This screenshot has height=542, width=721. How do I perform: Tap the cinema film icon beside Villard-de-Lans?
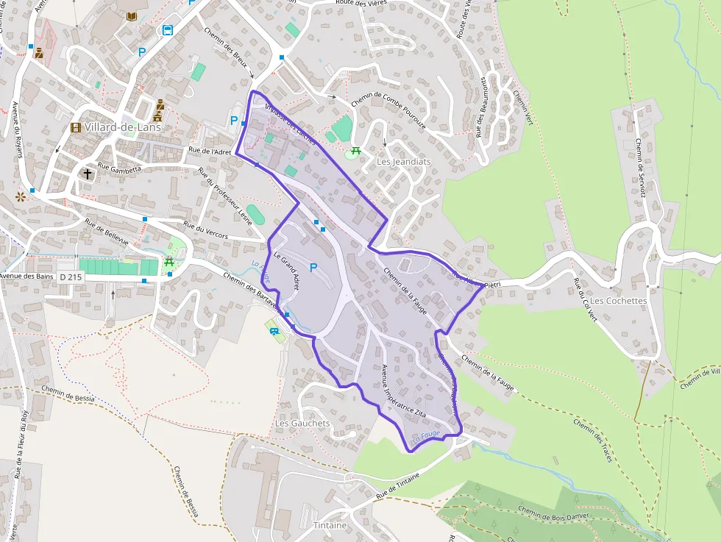tap(76, 127)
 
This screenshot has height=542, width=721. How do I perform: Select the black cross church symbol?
tap(88, 174)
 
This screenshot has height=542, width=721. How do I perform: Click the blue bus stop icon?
tap(168, 30)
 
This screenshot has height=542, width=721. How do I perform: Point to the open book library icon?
tap(132, 16)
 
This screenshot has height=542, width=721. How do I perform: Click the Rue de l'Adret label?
tap(210, 151)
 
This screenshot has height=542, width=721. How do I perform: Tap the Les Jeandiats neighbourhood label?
tap(403, 161)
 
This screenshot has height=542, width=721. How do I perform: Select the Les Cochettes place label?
tap(619, 301)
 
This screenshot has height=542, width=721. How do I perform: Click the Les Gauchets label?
tap(302, 424)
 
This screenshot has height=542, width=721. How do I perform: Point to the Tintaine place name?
tap(330, 525)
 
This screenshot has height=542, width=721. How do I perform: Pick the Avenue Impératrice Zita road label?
tap(400, 391)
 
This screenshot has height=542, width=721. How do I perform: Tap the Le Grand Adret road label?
tap(286, 271)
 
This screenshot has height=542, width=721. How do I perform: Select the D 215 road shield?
tap(70, 277)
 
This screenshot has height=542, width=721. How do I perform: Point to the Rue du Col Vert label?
tap(583, 301)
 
